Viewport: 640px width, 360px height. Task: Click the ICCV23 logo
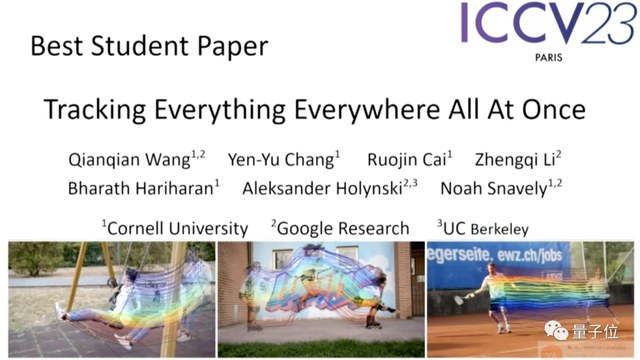[x=548, y=27]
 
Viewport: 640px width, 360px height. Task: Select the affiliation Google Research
[x=341, y=227]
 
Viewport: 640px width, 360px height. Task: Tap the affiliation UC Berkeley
[x=483, y=227]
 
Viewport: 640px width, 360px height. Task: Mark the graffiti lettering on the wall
[x=316, y=286]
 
